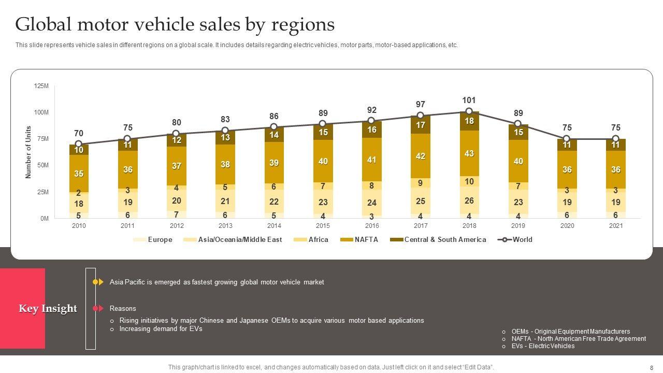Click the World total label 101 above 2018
469,100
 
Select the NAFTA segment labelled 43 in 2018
469,153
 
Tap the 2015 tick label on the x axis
323,226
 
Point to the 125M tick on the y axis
41,86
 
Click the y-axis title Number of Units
28,152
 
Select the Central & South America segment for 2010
79,150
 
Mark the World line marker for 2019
517,124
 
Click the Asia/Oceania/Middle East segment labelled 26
469,200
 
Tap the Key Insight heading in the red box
48,309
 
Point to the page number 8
652,367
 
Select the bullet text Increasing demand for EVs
161,328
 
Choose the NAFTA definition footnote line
578,339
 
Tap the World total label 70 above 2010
78,133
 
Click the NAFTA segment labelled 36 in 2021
615,169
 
